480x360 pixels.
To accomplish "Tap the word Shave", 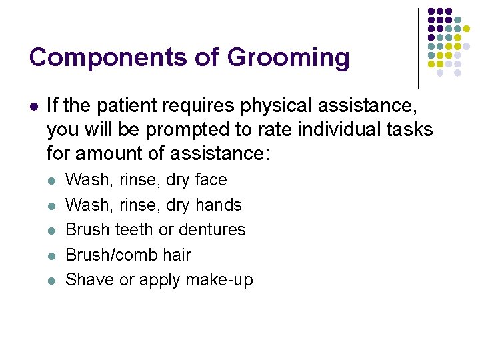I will (90, 280).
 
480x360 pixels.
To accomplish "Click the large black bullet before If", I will (33, 105).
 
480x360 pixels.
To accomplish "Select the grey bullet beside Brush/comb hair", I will (53, 255).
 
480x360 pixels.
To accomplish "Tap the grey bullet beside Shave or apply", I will (53, 280).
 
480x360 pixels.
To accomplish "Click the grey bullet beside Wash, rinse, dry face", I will (53, 180).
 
